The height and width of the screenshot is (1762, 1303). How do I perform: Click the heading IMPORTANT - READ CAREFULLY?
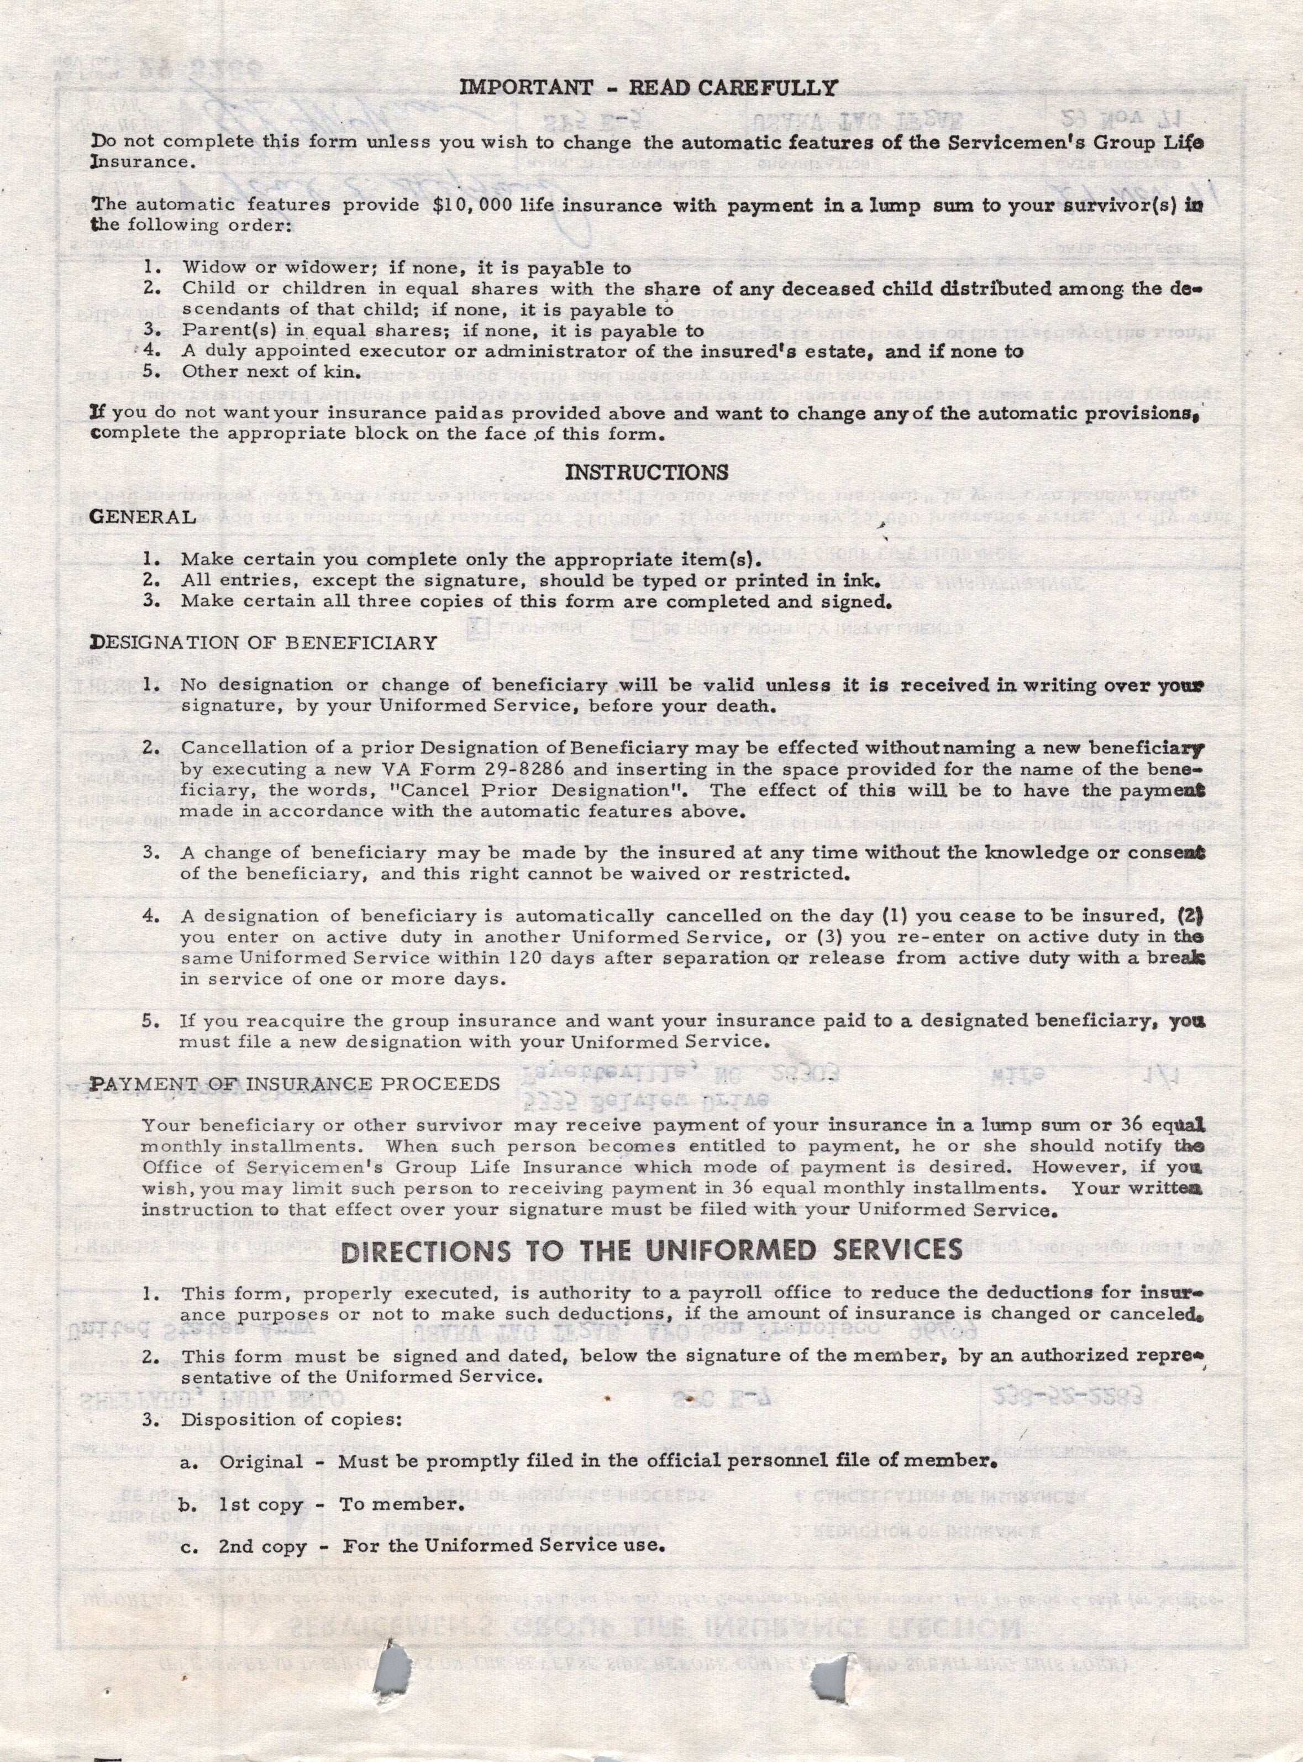(648, 87)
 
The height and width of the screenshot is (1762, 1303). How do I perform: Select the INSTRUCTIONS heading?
(647, 473)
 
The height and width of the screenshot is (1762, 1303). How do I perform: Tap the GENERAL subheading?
(143, 517)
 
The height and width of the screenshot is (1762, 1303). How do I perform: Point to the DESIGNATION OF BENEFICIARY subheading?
(264, 642)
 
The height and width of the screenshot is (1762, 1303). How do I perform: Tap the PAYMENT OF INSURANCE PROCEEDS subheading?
(295, 1083)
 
